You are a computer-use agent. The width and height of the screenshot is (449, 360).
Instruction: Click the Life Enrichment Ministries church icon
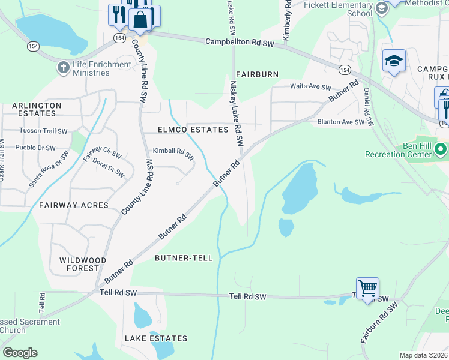(63, 67)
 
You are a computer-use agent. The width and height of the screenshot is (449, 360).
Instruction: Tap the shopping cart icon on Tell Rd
(367, 289)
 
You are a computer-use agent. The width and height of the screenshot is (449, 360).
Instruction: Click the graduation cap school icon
(394, 61)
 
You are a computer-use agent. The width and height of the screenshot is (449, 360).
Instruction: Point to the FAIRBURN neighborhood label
(257, 74)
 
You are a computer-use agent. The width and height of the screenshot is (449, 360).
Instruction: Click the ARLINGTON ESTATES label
(37, 109)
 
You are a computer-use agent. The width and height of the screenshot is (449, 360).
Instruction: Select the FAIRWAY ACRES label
(74, 205)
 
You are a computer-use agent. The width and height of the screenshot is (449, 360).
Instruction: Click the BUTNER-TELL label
(184, 258)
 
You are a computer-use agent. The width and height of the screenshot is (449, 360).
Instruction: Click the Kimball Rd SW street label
(173, 154)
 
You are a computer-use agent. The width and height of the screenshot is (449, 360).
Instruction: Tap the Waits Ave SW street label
(310, 87)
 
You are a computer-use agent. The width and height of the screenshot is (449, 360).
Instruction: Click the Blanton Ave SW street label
(341, 122)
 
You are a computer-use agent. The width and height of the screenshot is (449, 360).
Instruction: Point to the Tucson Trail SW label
(43, 131)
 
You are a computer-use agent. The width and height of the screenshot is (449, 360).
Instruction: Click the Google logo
(20, 352)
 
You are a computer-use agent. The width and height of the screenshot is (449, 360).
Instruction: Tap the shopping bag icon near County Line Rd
(140, 20)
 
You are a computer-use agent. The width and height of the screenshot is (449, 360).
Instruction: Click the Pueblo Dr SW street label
(35, 148)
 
